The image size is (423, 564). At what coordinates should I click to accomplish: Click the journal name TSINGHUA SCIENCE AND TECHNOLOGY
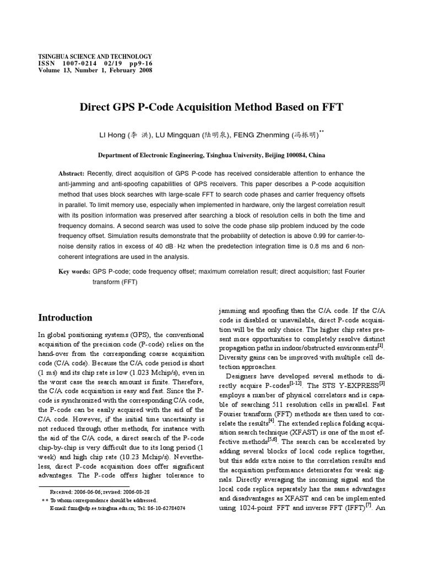click(x=95, y=57)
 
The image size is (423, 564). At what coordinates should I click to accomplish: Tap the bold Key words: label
click(x=74, y=272)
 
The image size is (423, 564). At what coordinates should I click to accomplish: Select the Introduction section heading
click(x=65, y=318)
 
